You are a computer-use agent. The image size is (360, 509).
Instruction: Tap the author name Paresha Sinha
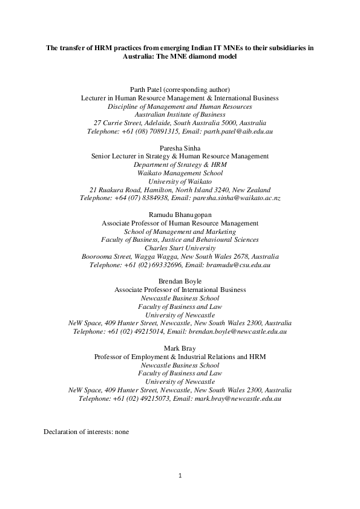(x=180, y=148)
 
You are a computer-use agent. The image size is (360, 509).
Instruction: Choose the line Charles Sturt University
(x=180, y=248)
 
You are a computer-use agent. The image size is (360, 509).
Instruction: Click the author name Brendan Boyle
(x=180, y=282)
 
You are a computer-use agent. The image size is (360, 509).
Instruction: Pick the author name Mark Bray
(x=180, y=348)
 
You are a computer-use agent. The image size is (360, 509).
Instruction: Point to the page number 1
(x=180, y=475)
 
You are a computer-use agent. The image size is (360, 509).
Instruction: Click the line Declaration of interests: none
(x=86, y=432)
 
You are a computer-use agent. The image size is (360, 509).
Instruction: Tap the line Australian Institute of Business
(x=180, y=114)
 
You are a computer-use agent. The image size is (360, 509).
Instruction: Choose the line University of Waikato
(x=180, y=181)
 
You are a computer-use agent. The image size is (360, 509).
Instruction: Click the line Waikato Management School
(x=180, y=172)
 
